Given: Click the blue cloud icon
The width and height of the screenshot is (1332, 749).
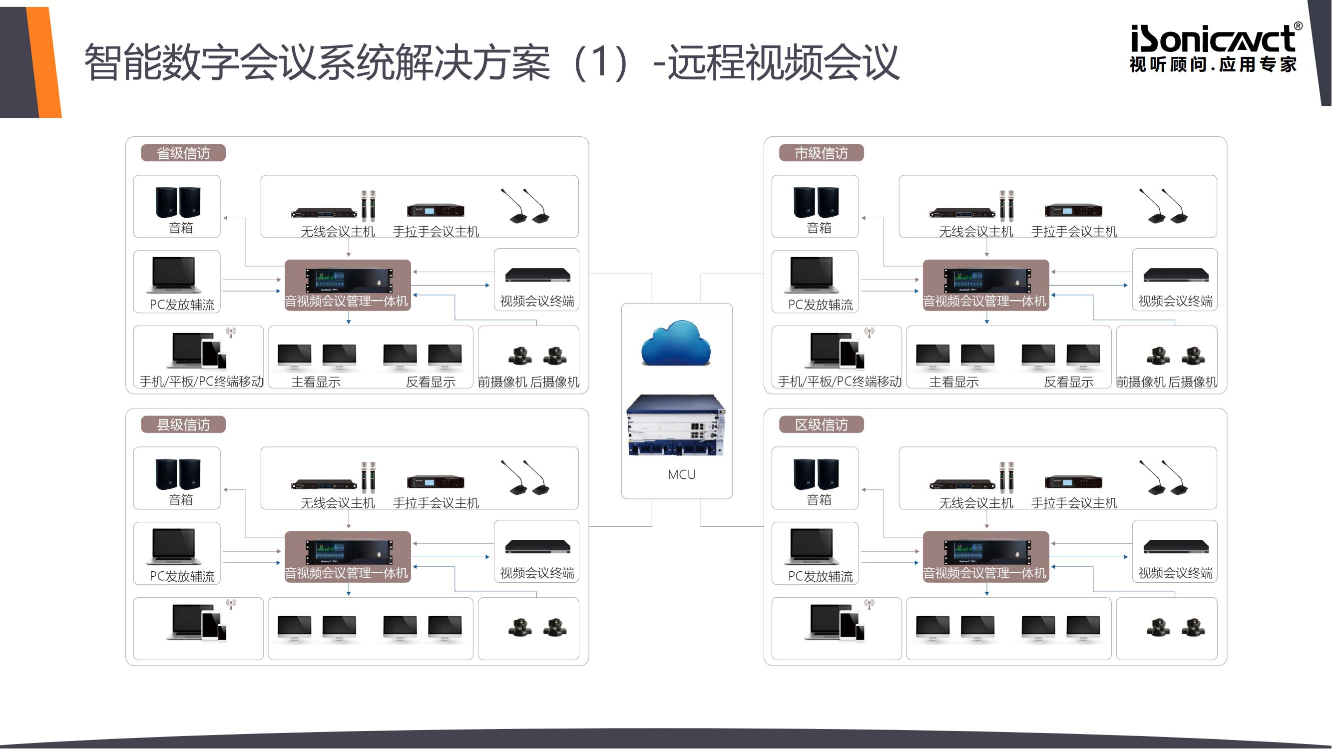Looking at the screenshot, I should (x=676, y=343).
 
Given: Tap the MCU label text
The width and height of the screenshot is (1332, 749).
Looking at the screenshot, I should (x=682, y=474).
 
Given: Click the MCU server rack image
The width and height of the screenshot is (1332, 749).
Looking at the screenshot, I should (x=676, y=425).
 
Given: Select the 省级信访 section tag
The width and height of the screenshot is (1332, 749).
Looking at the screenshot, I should (x=183, y=153).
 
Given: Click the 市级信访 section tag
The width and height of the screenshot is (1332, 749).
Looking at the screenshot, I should (x=821, y=153).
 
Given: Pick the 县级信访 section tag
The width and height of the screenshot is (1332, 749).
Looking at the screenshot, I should (x=183, y=424).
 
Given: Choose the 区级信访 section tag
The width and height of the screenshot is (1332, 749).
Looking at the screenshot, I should (x=821, y=424).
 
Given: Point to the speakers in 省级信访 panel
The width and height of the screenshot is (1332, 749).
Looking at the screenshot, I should (x=177, y=202).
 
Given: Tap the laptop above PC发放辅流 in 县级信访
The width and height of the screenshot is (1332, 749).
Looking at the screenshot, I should (x=175, y=546).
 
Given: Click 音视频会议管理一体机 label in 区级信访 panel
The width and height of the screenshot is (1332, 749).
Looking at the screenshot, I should (x=984, y=573).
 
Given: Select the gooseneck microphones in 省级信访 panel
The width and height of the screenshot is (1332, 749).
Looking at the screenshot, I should (x=525, y=206).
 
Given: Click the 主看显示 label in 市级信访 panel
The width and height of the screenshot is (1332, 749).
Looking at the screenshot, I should (x=954, y=382).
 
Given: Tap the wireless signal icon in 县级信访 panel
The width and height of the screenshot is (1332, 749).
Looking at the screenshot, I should (x=231, y=603).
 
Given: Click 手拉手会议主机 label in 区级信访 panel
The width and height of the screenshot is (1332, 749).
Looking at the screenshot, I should (x=1074, y=503).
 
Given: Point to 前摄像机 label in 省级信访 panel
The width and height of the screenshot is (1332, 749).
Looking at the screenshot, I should (x=502, y=382).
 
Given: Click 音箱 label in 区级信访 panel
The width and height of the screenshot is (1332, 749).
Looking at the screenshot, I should (x=819, y=500).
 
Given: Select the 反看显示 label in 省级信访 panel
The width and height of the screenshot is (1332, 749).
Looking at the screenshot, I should (x=431, y=382).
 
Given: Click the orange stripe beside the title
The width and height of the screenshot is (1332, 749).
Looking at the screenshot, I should (x=45, y=62).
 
